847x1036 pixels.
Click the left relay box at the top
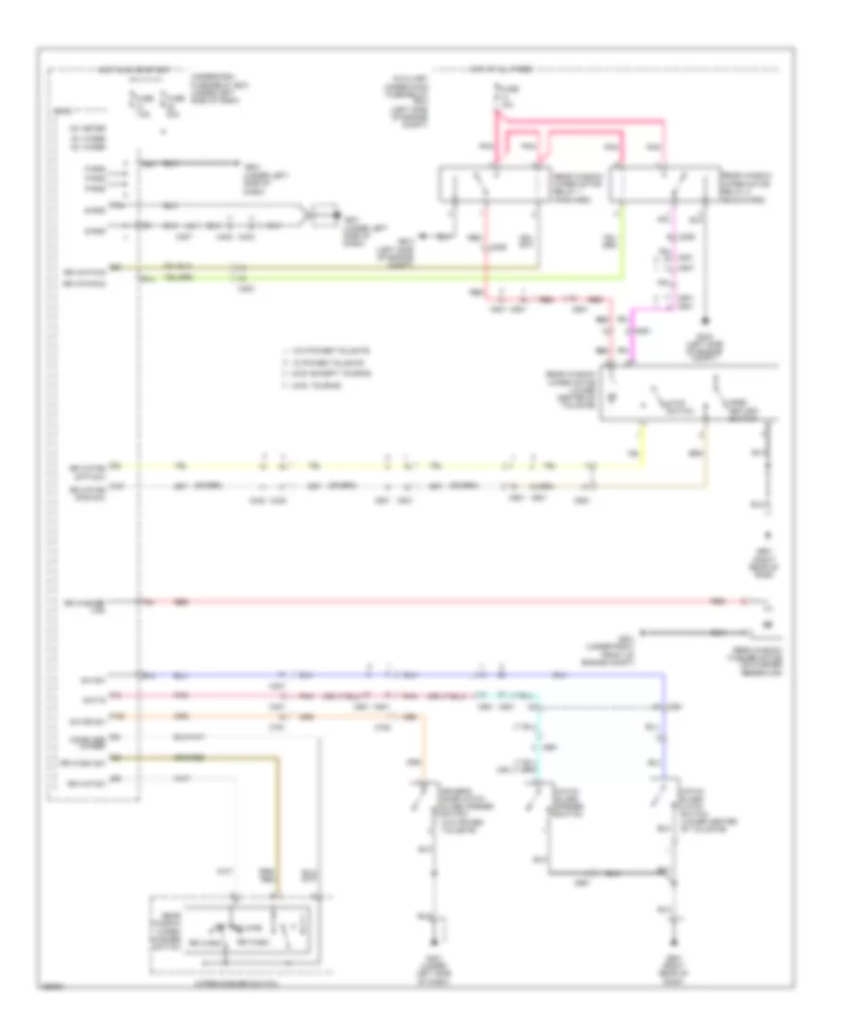tap(491, 184)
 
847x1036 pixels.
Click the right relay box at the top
tap(661, 184)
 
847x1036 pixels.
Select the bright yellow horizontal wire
tap(376, 465)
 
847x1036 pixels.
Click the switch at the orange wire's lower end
tap(420, 801)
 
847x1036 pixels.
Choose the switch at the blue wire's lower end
tap(663, 801)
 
